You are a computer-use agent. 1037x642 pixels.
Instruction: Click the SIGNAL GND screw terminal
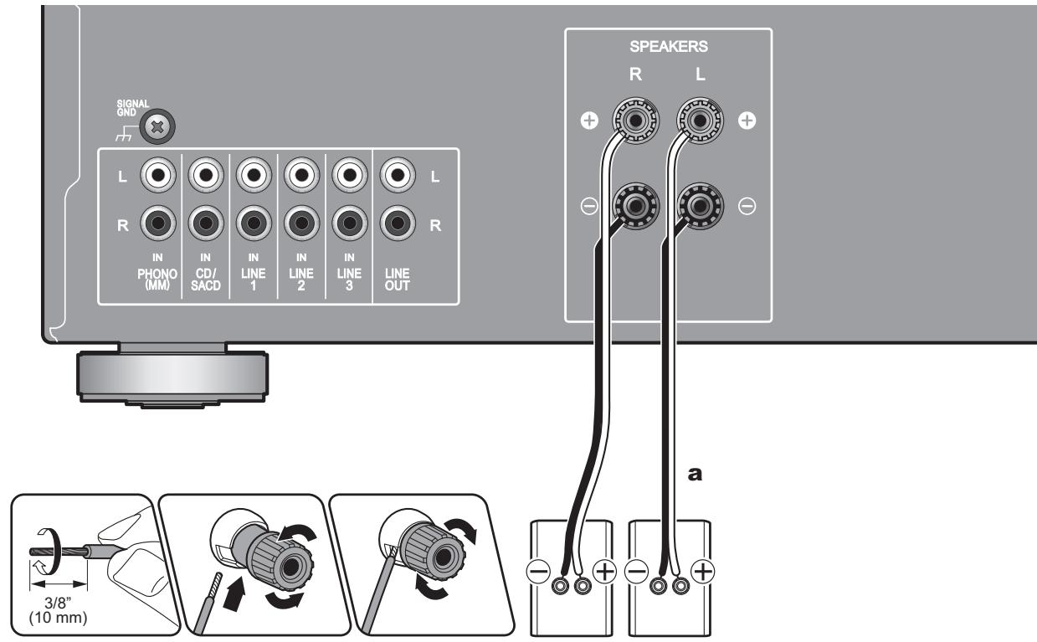coord(155,128)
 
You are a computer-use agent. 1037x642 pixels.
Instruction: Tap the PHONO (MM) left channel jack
coord(157,177)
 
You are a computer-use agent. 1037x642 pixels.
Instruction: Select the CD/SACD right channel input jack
coord(205,224)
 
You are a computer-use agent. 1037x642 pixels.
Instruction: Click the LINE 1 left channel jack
coord(252,177)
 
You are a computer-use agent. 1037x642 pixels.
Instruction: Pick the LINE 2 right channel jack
coord(300,224)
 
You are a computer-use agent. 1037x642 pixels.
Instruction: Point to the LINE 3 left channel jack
coord(348,177)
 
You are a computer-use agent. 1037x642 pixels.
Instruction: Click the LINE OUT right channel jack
coord(396,224)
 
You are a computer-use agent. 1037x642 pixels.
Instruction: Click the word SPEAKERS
coord(667,49)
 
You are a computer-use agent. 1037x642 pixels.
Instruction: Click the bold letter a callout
coord(693,473)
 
